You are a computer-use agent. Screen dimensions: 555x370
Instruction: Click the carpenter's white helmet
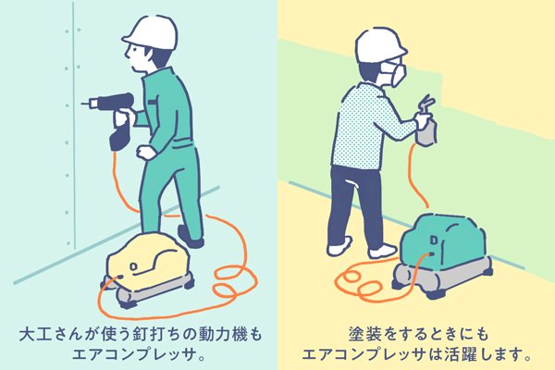[x=151, y=32]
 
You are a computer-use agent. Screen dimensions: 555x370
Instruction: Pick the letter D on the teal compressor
[x=434, y=240]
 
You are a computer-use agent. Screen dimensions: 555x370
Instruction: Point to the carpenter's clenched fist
[x=146, y=153]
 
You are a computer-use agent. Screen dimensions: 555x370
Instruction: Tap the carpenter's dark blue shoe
[x=191, y=237]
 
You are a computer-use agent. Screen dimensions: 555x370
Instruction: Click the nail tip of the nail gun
[x=83, y=104]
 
